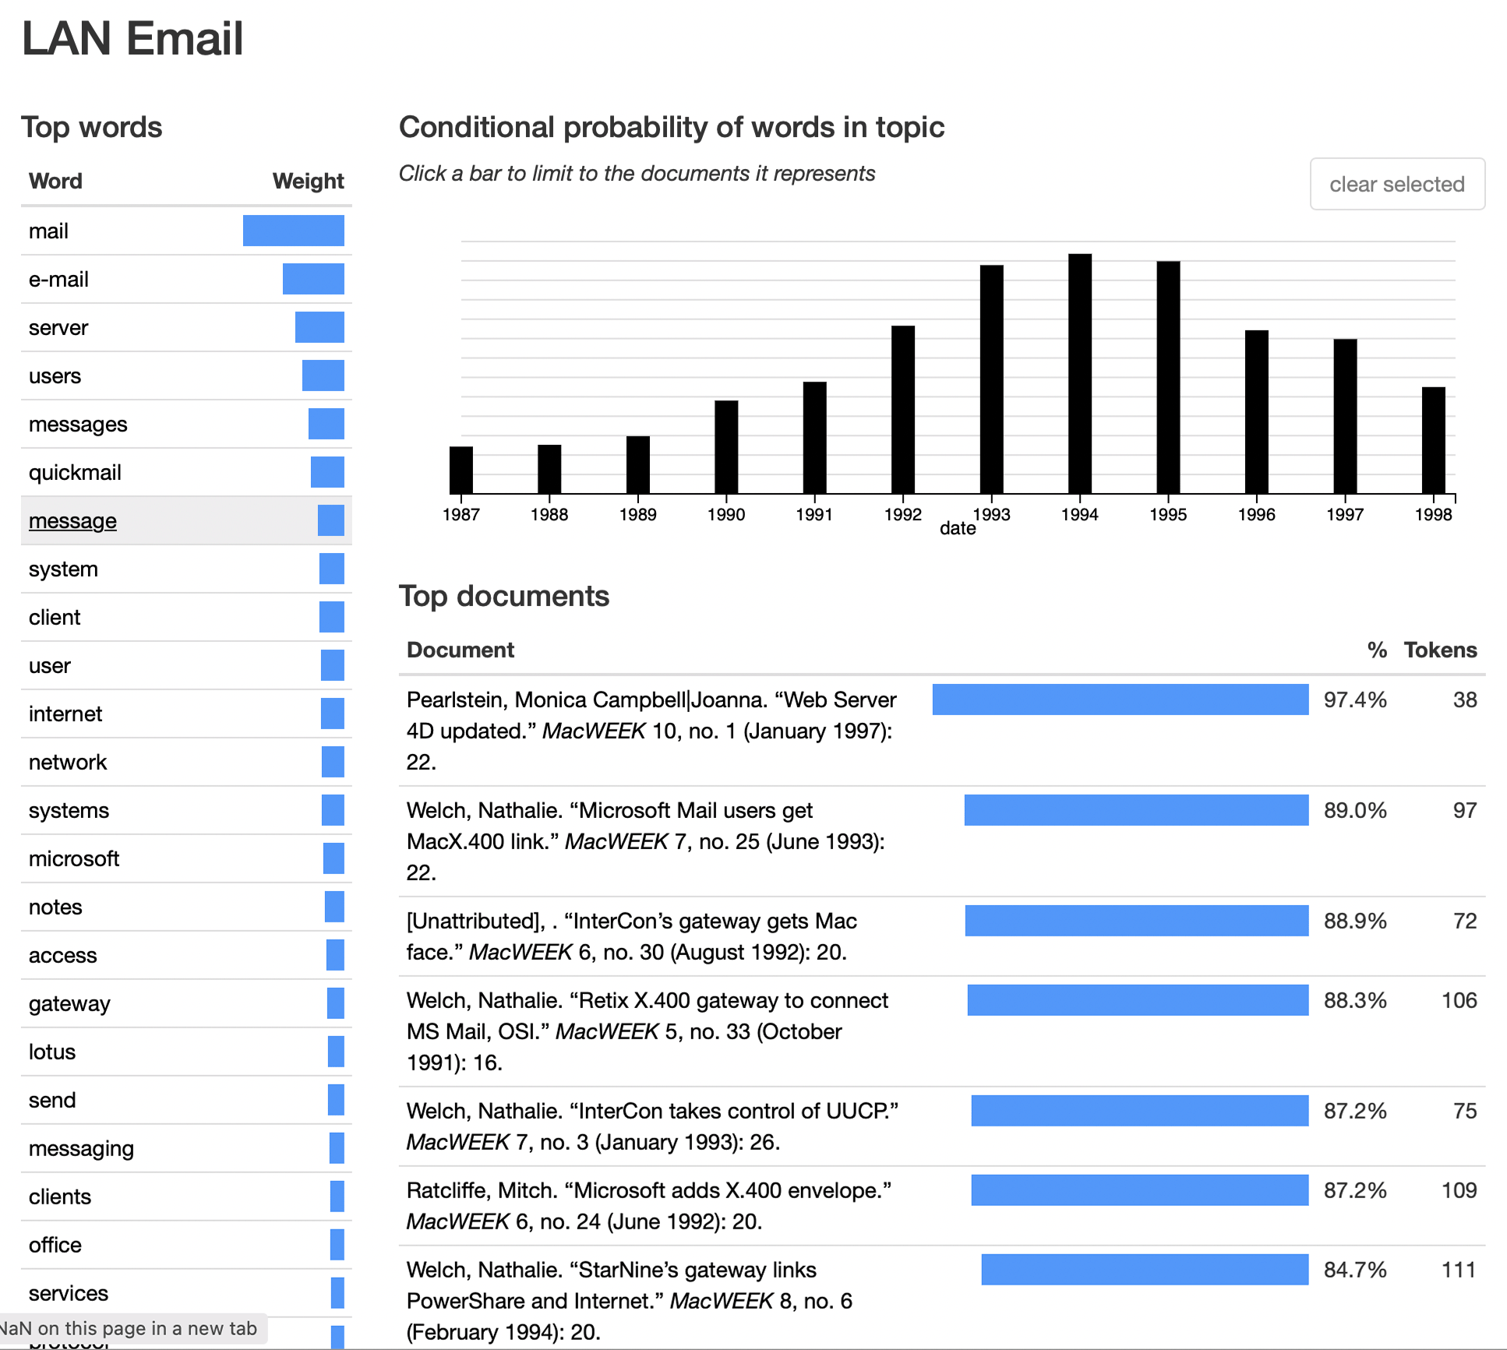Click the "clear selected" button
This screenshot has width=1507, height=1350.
click(1396, 184)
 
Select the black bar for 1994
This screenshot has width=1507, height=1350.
click(1079, 374)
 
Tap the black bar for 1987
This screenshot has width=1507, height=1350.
click(461, 470)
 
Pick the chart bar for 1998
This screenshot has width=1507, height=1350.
click(1433, 440)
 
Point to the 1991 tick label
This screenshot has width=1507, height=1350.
click(814, 514)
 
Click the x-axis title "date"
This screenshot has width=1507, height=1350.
click(958, 529)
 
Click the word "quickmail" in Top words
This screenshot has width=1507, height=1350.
click(75, 473)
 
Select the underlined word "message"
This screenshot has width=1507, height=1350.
click(72, 521)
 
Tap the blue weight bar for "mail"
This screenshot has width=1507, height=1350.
click(293, 231)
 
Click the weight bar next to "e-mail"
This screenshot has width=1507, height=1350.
click(313, 279)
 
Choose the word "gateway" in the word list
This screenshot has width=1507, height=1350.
click(69, 1004)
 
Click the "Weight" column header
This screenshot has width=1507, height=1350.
click(308, 181)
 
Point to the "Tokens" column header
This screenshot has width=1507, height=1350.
click(1440, 650)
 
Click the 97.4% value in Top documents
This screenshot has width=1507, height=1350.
click(1355, 700)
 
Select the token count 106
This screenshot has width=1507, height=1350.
click(1459, 1000)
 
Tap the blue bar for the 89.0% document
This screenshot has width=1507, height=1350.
click(1136, 810)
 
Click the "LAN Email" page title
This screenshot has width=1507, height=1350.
click(132, 38)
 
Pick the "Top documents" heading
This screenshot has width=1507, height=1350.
click(504, 596)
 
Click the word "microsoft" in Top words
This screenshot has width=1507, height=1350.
click(74, 859)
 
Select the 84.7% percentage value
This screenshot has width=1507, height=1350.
click(1355, 1270)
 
